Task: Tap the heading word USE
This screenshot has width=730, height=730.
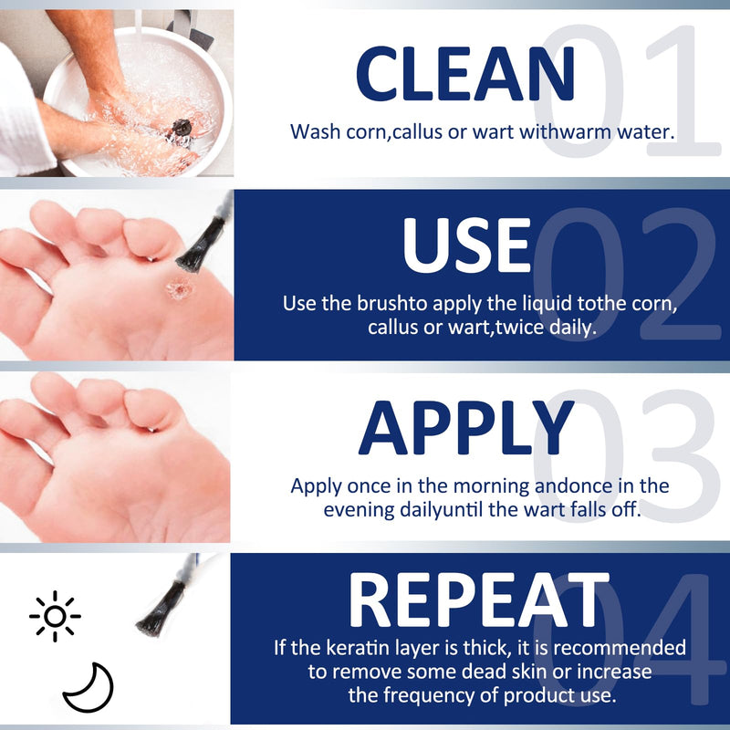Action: pyautogui.click(x=466, y=244)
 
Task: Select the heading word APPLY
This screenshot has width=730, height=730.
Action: pyautogui.click(x=465, y=429)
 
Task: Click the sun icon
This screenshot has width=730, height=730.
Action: pyautogui.click(x=55, y=616)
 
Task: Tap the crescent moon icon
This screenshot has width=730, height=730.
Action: pyautogui.click(x=89, y=687)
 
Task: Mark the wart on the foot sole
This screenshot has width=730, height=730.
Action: pyautogui.click(x=175, y=290)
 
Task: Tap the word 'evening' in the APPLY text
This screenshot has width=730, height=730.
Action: pyautogui.click(x=360, y=509)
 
